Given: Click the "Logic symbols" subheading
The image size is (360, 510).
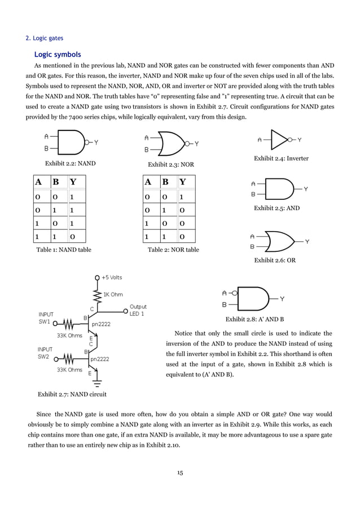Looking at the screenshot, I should coord(58,55).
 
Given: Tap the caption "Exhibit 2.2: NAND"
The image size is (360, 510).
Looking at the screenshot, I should coord(70,164).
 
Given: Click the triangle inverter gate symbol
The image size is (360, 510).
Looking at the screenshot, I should coord(281,139).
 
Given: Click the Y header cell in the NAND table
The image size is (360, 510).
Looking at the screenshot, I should coord(73,182).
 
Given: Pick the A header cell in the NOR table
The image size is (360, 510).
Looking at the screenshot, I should coord(148,182).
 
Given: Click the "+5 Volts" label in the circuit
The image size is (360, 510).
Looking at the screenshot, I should coord(111,277).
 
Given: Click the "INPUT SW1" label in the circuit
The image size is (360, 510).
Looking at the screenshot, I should coord(45,318).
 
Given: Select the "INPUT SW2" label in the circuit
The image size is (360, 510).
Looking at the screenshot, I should coord(45,352).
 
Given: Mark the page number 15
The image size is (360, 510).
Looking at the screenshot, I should coord(179,473).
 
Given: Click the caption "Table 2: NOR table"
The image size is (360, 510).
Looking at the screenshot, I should coord(173,249).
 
